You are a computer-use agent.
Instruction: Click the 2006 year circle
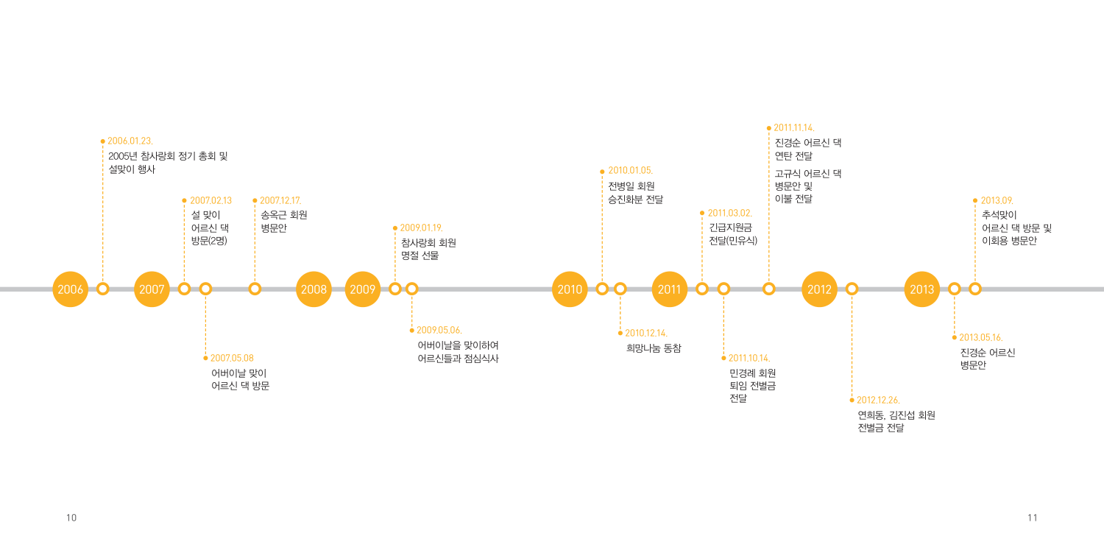tap(71, 289)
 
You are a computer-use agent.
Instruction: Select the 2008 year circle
tap(314, 289)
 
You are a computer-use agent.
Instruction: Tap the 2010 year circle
tap(570, 289)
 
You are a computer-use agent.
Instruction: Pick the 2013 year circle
tap(922, 289)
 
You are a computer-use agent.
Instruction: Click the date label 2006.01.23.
tap(130, 141)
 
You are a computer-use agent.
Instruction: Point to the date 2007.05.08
tap(232, 358)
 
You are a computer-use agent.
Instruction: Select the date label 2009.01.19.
tap(422, 228)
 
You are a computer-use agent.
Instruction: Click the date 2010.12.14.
tap(646, 333)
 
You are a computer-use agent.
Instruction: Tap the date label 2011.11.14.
tap(794, 128)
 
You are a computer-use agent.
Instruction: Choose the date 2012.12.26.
tap(878, 400)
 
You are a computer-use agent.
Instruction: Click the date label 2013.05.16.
tap(981, 337)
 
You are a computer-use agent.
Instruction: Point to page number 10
tap(71, 518)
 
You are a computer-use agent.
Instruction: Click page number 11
tap(1033, 518)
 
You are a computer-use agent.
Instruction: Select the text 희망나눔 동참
tap(654, 348)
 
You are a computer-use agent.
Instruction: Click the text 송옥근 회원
tap(284, 215)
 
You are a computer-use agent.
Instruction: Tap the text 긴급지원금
tap(730, 228)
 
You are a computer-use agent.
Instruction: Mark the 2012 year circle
tap(820, 289)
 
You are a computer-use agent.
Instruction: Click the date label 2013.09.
tap(997, 200)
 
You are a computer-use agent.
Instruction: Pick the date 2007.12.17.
tap(280, 200)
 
